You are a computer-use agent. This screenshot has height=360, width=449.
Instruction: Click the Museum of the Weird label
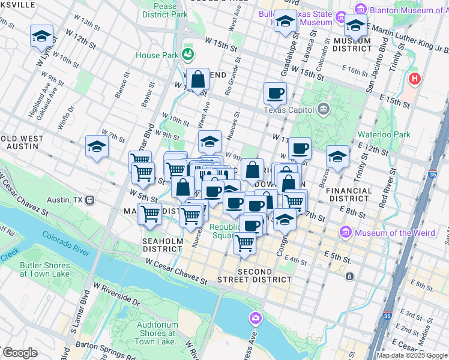tap(387, 233)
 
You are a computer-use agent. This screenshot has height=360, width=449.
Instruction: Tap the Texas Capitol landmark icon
tap(324, 109)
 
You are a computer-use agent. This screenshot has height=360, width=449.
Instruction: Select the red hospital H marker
tap(414, 79)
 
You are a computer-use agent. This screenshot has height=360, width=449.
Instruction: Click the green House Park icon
tap(188, 55)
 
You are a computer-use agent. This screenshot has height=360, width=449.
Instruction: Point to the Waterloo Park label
tap(384, 134)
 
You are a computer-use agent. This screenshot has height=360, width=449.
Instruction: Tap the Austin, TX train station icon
tap(89, 199)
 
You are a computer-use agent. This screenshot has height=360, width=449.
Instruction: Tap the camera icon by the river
tap(256, 317)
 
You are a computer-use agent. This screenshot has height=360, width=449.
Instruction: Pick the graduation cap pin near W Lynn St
tap(41, 36)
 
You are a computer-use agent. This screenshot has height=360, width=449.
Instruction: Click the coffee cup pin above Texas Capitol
tap(275, 94)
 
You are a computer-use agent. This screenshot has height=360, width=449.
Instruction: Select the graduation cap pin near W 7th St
tap(97, 146)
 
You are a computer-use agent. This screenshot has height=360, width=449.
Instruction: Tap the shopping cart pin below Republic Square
tap(244, 244)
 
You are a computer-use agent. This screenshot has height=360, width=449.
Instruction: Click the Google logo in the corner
tap(19, 353)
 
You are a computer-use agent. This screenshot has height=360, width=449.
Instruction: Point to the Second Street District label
tap(264, 275)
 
